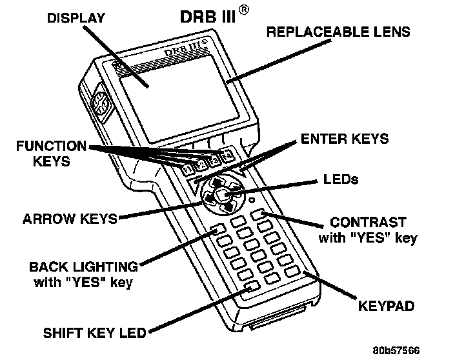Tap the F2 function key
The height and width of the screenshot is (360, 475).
tap(201, 166)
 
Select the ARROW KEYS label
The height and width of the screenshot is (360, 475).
tap(70, 218)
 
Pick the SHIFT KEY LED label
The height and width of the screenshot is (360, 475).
tap(95, 333)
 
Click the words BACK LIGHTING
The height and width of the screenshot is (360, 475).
tap(84, 266)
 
